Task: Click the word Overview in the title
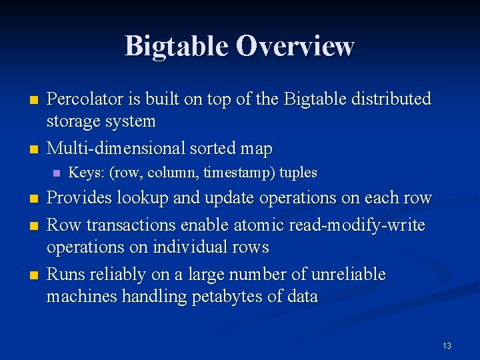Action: click(295, 47)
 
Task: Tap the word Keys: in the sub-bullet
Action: click(86, 173)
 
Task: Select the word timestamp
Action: click(236, 173)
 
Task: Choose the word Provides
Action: click(81, 199)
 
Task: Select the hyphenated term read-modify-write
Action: click(357, 225)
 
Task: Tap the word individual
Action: click(187, 247)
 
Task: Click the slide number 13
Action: click(447, 345)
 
